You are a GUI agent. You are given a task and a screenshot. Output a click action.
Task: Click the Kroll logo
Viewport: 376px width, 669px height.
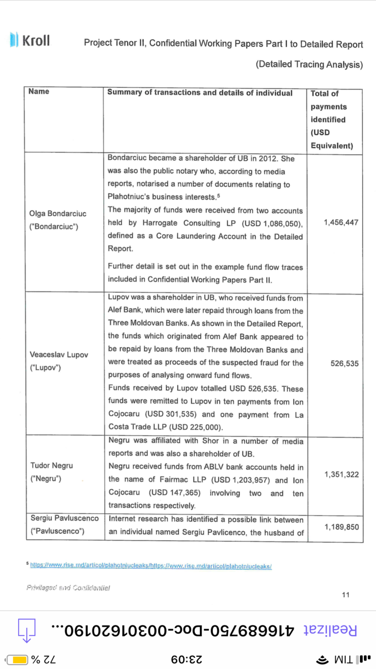point(30,40)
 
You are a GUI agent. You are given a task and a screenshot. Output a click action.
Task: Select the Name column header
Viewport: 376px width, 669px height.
point(39,92)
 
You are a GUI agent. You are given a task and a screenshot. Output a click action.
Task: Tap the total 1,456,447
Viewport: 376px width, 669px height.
point(341,223)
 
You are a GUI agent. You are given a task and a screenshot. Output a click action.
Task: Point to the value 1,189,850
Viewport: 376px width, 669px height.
point(341,527)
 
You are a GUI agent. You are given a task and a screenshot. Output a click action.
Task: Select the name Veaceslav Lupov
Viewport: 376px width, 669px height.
point(59,354)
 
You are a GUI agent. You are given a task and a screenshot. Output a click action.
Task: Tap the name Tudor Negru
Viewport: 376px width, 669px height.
point(51,465)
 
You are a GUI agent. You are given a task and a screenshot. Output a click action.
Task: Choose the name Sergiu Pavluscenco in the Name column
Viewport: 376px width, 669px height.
point(64,518)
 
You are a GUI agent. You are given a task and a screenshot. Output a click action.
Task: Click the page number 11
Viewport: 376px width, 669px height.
point(346,595)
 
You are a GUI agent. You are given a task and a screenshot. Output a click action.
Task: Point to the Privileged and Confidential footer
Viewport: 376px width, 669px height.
point(68,588)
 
